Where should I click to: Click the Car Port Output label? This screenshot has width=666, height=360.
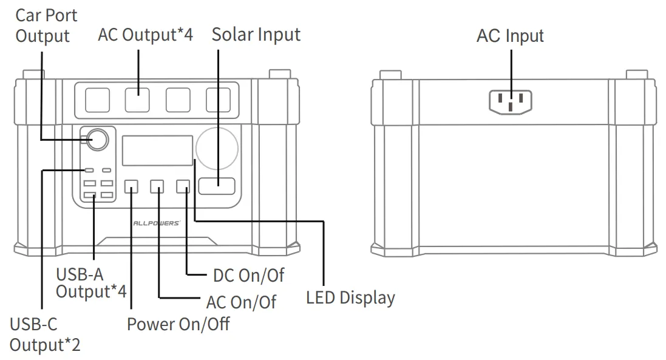pyautogui.click(x=46, y=25)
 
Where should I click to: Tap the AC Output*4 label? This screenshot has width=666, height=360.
pyautogui.click(x=145, y=35)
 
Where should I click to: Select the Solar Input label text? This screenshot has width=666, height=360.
pyautogui.click(x=256, y=35)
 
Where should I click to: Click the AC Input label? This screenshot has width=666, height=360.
pyautogui.click(x=510, y=36)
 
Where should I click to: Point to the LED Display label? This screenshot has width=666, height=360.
pyautogui.click(x=350, y=297)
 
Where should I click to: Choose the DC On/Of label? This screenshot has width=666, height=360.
pyautogui.click(x=248, y=275)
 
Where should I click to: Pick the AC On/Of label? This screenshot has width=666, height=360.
pyautogui.click(x=241, y=302)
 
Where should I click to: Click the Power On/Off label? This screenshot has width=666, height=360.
pyautogui.click(x=178, y=324)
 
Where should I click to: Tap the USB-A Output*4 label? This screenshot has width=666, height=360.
pyautogui.click(x=91, y=284)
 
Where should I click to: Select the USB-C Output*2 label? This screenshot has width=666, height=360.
pyautogui.click(x=44, y=335)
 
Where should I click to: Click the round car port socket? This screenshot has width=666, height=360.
pyautogui.click(x=98, y=140)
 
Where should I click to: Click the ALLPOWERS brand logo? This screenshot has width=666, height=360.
pyautogui.click(x=156, y=223)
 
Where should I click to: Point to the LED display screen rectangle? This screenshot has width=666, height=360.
pyautogui.click(x=157, y=151)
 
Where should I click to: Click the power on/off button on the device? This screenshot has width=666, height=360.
pyautogui.click(x=132, y=187)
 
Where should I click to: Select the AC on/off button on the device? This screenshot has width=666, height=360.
pyautogui.click(x=157, y=187)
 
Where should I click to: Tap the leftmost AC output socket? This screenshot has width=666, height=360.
pyautogui.click(x=97, y=100)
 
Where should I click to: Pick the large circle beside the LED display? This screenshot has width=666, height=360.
pyautogui.click(x=217, y=149)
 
